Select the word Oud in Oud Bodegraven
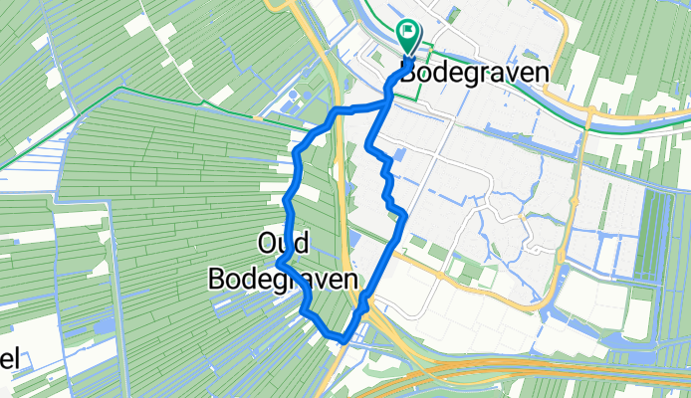tap(283, 243)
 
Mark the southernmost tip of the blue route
tap(344, 340)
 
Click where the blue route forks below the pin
tap(386, 101)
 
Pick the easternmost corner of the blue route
tap(403, 216)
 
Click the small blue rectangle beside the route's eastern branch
tap(399, 154)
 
